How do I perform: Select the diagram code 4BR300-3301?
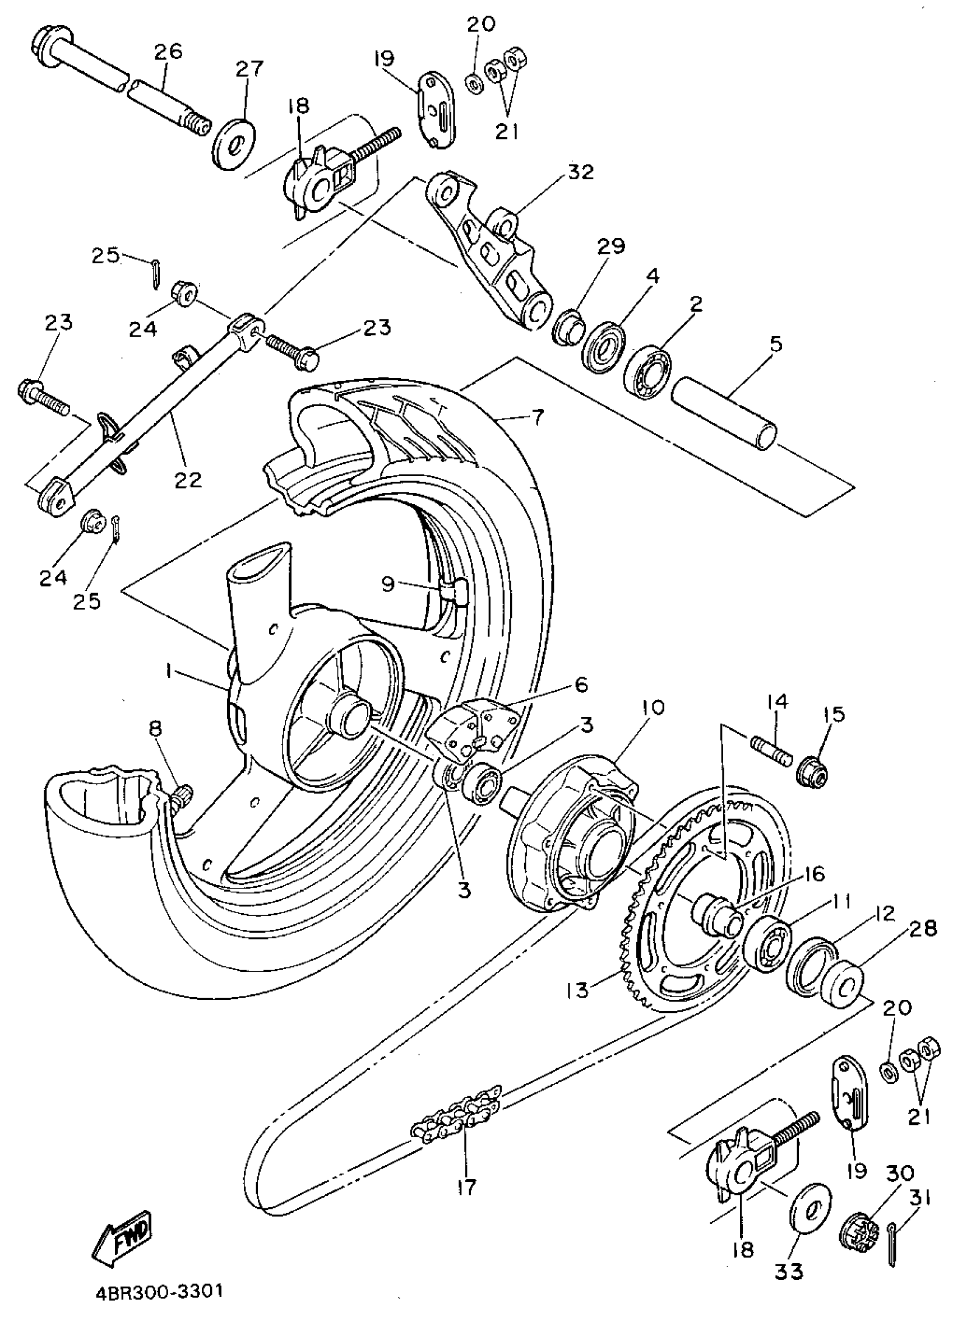[159, 1291]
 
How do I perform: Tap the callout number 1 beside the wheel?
[168, 673]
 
